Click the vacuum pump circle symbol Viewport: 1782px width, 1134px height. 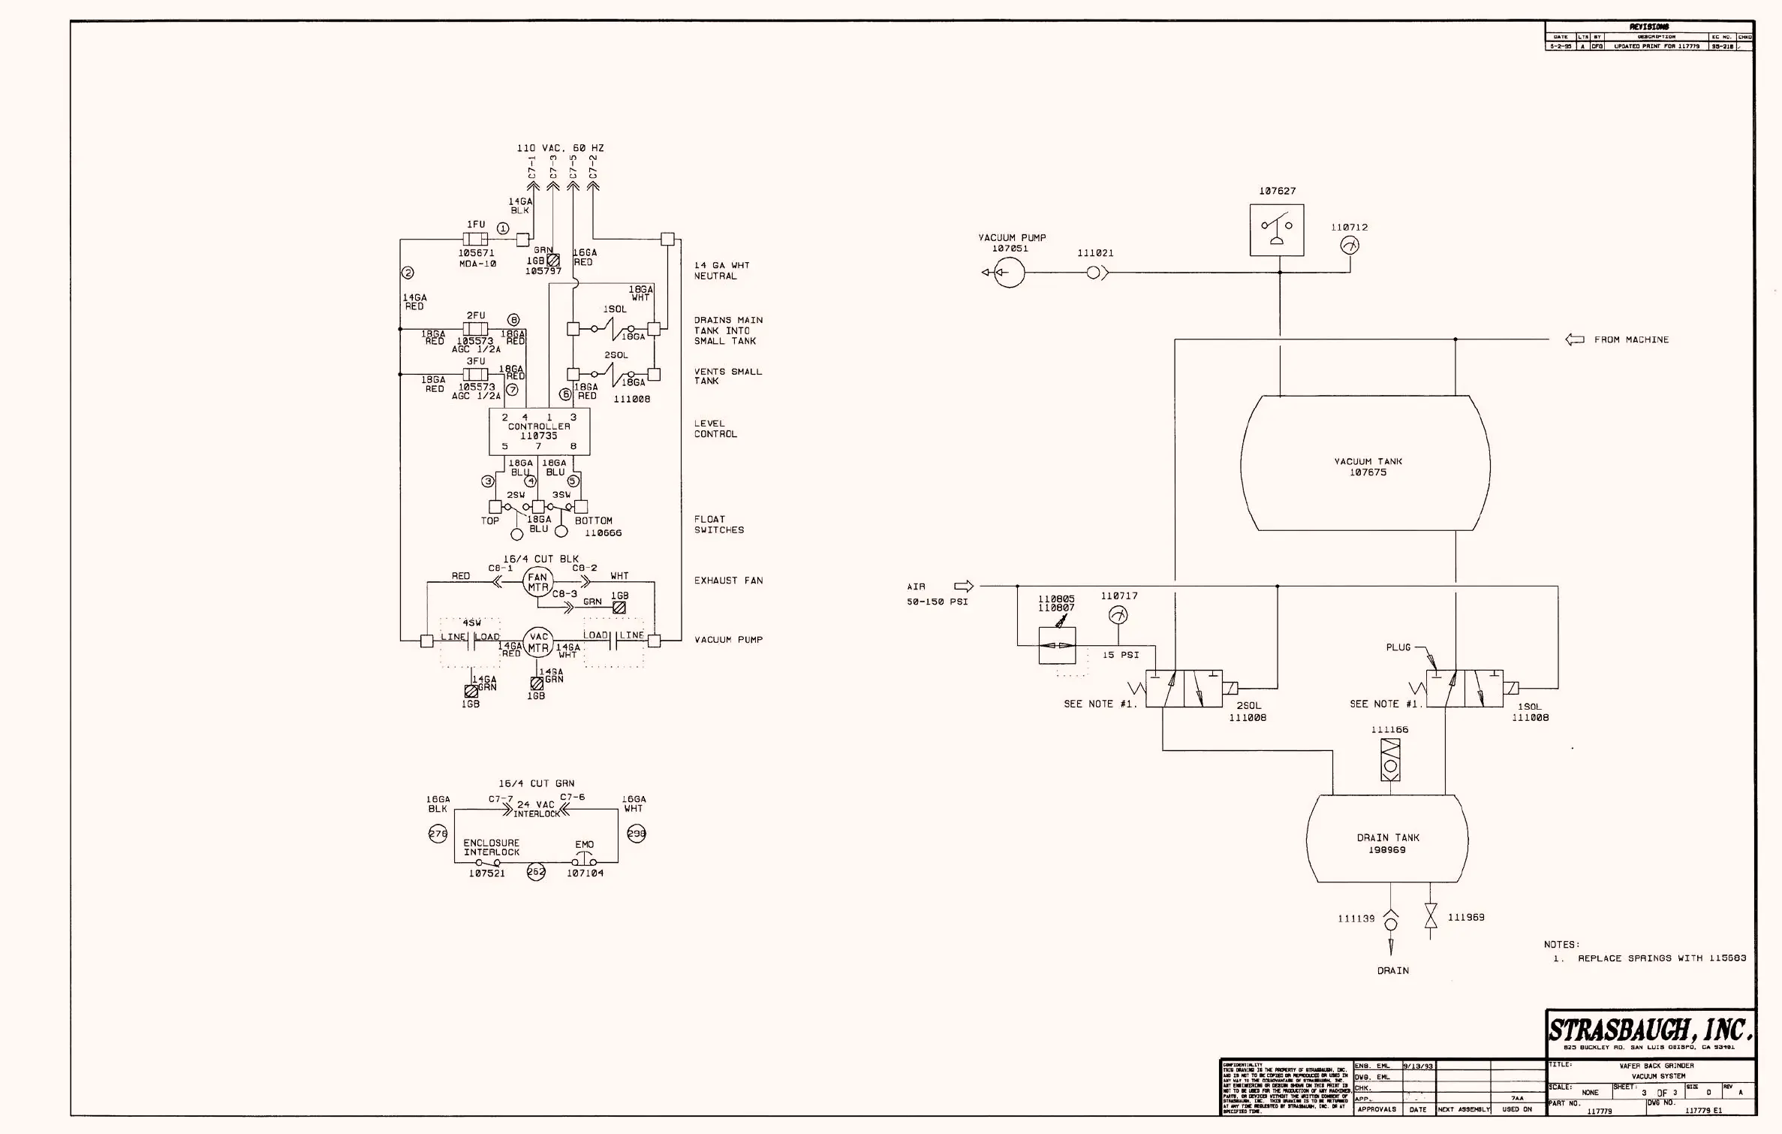(1009, 273)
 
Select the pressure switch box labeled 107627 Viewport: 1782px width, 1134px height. (1276, 230)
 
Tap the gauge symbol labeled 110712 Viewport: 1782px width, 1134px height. (1349, 246)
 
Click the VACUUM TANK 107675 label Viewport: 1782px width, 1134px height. (1368, 467)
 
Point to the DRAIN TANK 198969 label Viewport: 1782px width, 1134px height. (1387, 843)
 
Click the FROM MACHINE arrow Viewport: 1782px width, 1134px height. (1574, 339)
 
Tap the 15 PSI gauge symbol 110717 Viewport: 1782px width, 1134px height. (1118, 615)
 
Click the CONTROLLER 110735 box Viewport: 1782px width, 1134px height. (539, 432)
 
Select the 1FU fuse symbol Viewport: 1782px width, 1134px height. (475, 240)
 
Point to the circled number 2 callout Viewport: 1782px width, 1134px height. (408, 273)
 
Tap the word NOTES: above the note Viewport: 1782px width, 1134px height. (1561, 945)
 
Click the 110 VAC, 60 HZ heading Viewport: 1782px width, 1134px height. (560, 148)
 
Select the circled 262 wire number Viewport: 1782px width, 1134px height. (536, 872)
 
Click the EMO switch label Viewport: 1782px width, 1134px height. (584, 845)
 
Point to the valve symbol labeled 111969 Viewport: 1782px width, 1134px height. (1431, 917)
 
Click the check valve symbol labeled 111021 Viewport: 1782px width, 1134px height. (1096, 273)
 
